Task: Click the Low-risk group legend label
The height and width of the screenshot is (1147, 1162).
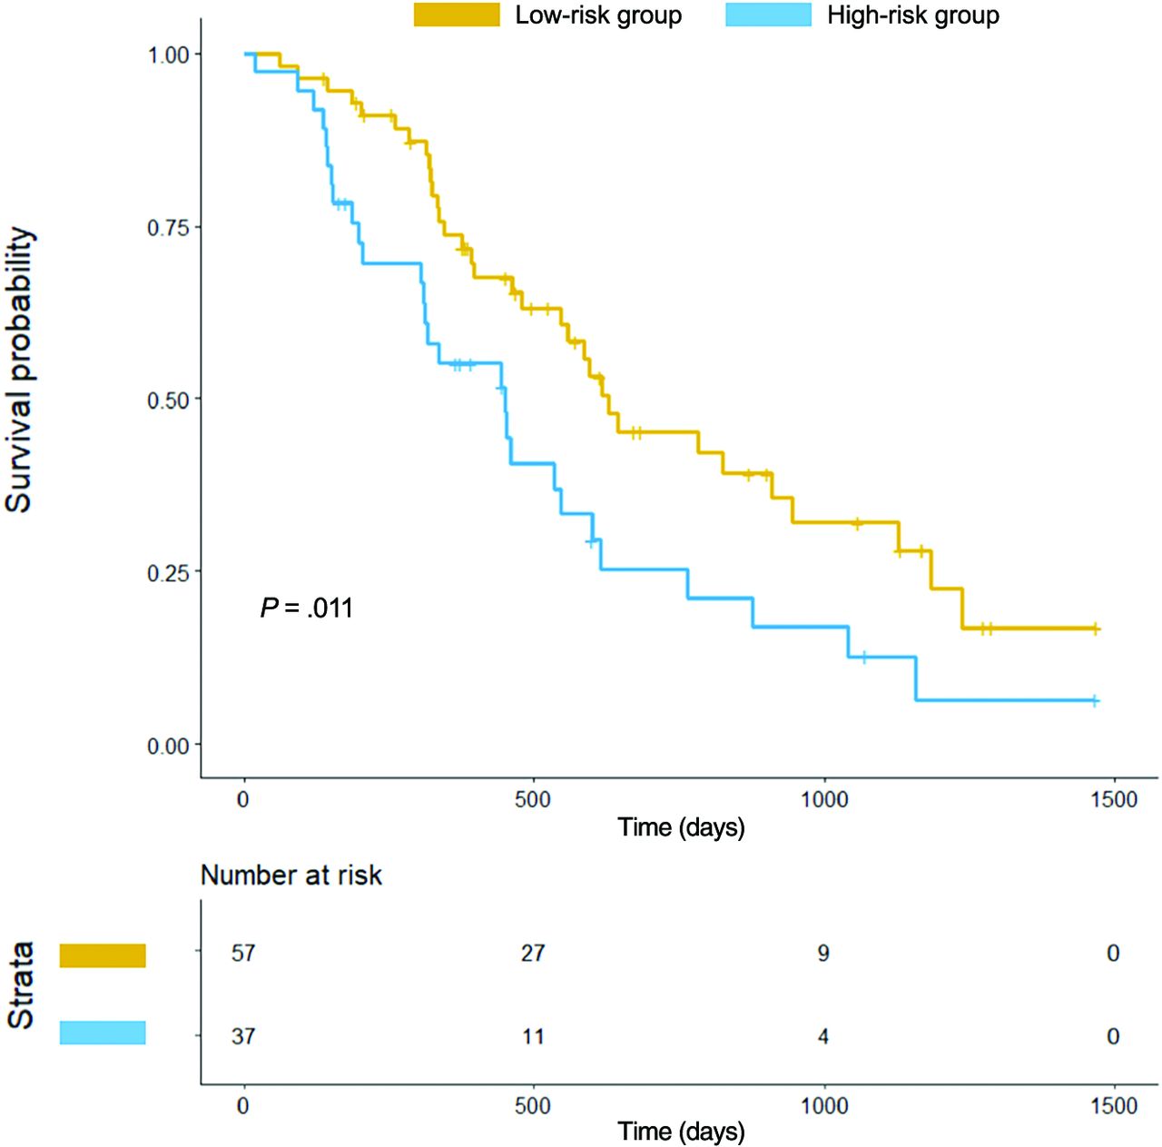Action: (598, 15)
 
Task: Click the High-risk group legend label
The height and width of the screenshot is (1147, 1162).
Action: (912, 15)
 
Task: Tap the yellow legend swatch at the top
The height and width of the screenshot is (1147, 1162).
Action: (457, 15)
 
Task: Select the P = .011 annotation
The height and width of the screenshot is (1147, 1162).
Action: (307, 608)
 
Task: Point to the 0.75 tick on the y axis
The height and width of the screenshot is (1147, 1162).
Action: (169, 227)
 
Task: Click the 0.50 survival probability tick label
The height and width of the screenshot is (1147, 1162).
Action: (169, 400)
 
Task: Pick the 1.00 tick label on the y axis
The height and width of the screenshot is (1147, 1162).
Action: (169, 54)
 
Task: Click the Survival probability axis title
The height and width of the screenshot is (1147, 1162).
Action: (20, 370)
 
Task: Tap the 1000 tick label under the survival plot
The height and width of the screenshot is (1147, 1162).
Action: (823, 799)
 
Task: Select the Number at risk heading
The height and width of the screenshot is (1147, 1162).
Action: (290, 875)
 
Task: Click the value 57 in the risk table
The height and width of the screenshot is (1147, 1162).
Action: (243, 953)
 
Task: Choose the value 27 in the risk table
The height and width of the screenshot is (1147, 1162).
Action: (533, 953)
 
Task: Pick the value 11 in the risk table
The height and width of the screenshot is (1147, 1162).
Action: (533, 1036)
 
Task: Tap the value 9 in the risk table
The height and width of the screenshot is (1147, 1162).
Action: (823, 953)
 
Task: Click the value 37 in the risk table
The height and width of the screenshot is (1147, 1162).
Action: (243, 1036)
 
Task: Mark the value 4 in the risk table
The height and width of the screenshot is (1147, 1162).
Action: (823, 1036)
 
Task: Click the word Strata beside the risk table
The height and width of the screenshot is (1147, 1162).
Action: (20, 985)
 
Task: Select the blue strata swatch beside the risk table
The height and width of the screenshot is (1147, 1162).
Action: (103, 1033)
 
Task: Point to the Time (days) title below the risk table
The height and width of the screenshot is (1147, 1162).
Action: (681, 1132)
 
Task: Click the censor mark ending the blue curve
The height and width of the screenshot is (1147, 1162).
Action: (1095, 700)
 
